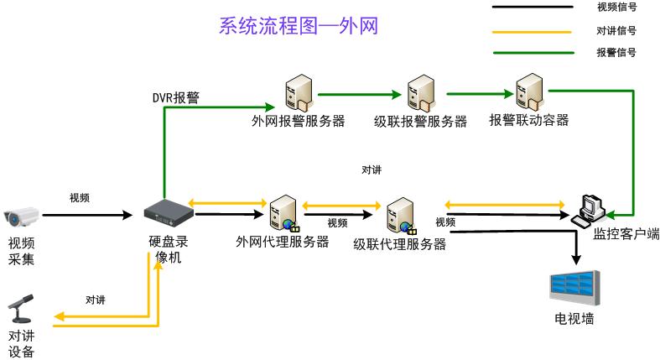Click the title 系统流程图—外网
298,26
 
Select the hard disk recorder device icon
168,215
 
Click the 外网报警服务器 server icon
298,92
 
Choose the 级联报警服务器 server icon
419,93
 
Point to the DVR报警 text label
175,97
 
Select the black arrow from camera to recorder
87,216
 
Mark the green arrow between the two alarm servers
357,95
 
